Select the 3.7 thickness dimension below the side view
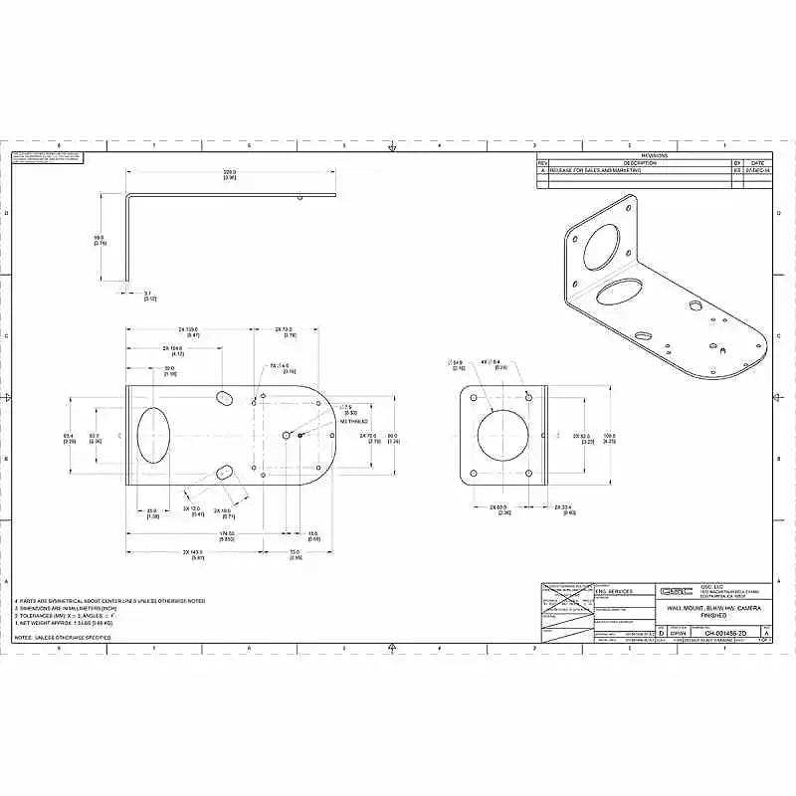[x=148, y=296]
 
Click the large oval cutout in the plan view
[x=152, y=435]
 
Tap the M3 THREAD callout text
[x=354, y=422]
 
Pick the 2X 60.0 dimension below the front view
[x=499, y=508]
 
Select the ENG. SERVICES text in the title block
[x=613, y=591]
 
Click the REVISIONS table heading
[x=654, y=155]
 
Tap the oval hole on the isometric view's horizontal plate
[x=622, y=292]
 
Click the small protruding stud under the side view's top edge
[x=299, y=197]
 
